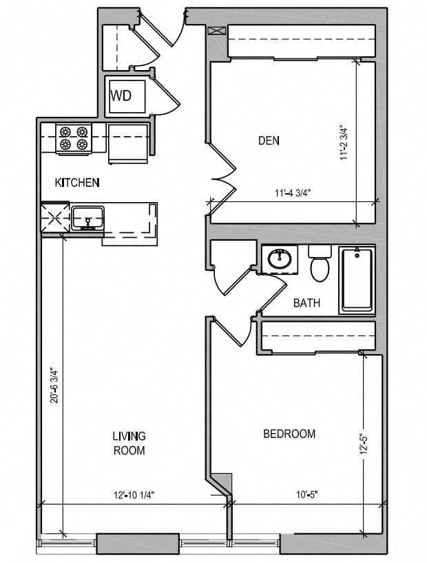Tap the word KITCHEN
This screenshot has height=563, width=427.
pos(78,183)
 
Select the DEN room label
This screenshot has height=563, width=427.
pos(269,141)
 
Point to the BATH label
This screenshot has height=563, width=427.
pos(306,302)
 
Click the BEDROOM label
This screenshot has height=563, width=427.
pos(289,434)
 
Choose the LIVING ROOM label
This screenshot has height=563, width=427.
pos(129,443)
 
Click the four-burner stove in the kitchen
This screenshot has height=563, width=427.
pos(73,137)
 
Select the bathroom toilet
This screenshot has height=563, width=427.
pos(320,264)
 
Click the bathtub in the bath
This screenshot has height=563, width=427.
pos(357,280)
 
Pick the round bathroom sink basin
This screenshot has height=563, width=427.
pos(280,260)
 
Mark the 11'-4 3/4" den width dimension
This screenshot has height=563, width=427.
pos(289,193)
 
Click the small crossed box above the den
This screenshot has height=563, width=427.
pos(218,31)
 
